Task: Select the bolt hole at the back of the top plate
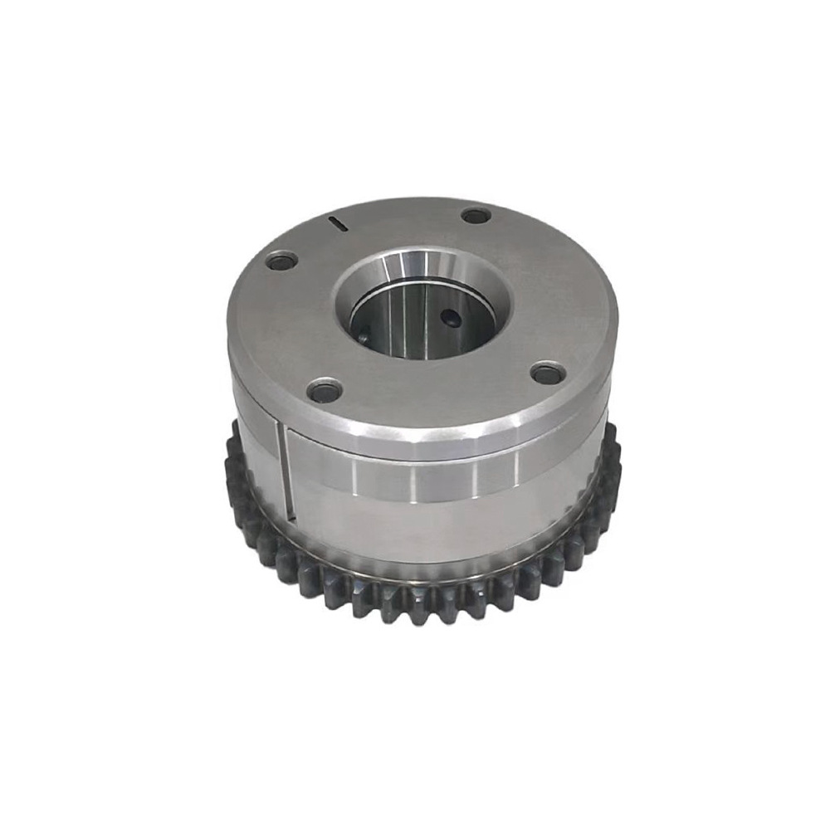coord(476,216)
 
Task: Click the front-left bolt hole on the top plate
coord(325,388)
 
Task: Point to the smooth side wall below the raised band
coord(432,531)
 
